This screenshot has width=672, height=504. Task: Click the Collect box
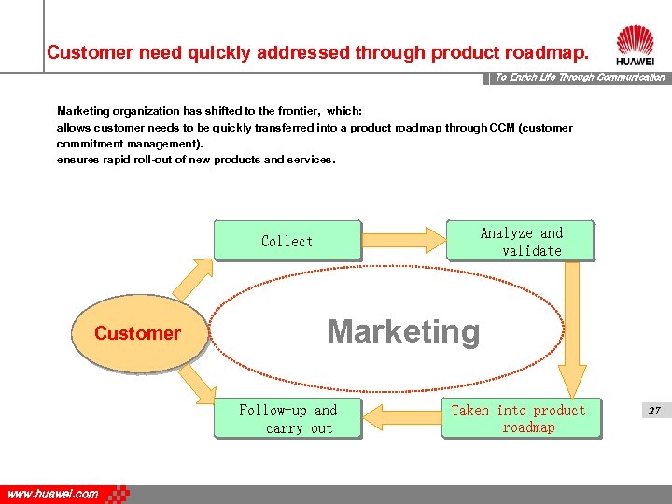tap(287, 241)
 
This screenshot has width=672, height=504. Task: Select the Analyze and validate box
tap(521, 242)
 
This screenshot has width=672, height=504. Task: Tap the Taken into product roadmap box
tap(519, 419)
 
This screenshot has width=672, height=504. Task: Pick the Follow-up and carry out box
tap(287, 419)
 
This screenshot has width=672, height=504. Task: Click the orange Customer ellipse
tap(138, 333)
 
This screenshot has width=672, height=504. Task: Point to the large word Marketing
tap(403, 332)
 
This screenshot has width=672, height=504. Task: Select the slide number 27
tap(654, 411)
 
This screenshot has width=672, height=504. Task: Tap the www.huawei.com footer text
tap(52, 495)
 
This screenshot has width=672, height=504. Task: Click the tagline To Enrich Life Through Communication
tap(579, 77)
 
